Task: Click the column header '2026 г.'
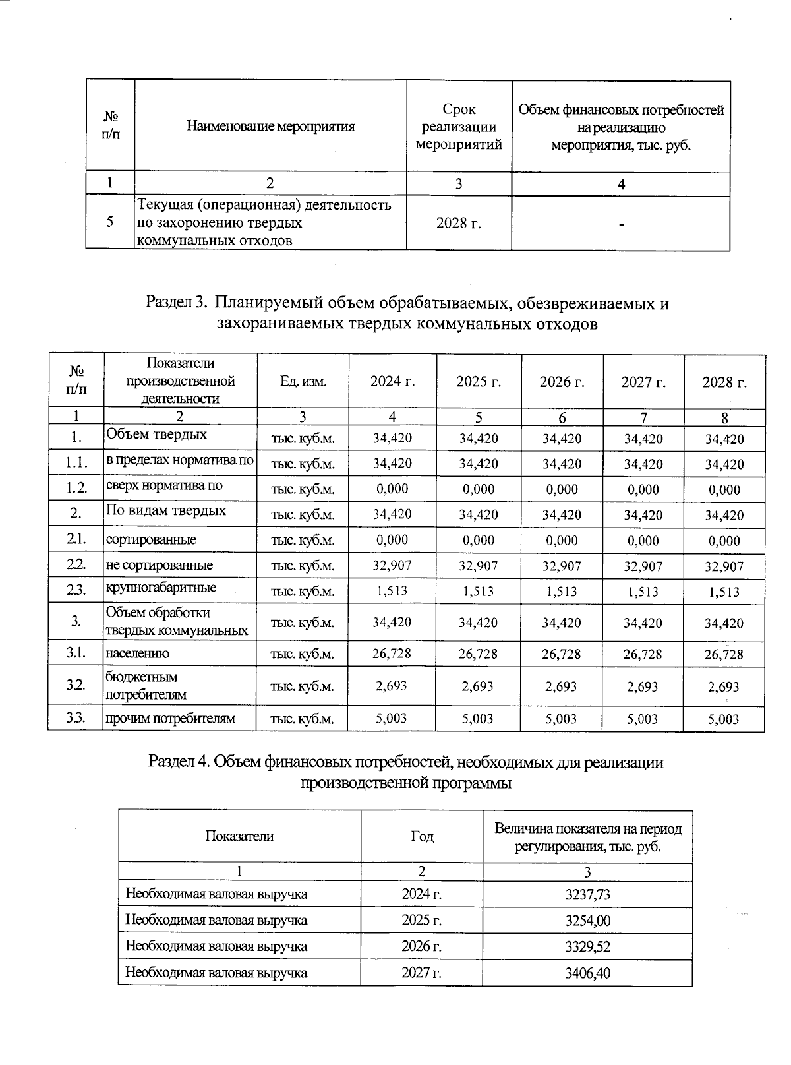[x=562, y=382]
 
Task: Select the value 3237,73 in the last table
[x=587, y=894]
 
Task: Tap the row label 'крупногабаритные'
[x=161, y=588]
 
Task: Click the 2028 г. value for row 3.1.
[x=724, y=654]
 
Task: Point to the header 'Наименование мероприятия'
[x=270, y=127]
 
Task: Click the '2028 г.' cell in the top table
[x=459, y=223]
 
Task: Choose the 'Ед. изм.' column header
[x=303, y=382]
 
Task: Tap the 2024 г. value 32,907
[x=392, y=565]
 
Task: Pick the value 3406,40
[x=587, y=973]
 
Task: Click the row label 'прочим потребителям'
[x=170, y=719]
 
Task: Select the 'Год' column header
[x=422, y=836]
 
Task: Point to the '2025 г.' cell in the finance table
[x=422, y=921]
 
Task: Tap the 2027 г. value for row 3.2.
[x=643, y=686]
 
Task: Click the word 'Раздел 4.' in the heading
[x=180, y=762]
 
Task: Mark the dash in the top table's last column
[x=621, y=224]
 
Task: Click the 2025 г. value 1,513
[x=478, y=591]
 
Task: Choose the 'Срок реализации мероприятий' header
[x=459, y=127]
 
